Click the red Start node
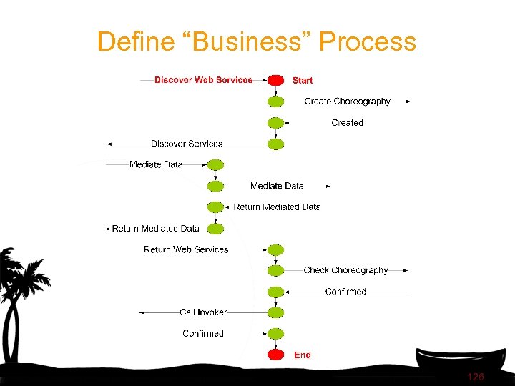pos(275,80)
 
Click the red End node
pos(275,355)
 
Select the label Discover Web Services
pos(203,80)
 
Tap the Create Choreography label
pos(347,102)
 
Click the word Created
pos(347,123)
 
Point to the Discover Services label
pos(187,144)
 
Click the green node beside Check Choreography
pos(275,270)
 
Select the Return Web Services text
pos(186,249)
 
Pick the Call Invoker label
pos(203,312)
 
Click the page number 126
pos(475,376)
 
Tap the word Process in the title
pos(367,41)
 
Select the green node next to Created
pos(275,123)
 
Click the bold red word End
pos(303,355)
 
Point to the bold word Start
pos(303,80)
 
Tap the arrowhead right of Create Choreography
pos(408,102)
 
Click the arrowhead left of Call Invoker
pos(142,312)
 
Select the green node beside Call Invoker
pos(275,312)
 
